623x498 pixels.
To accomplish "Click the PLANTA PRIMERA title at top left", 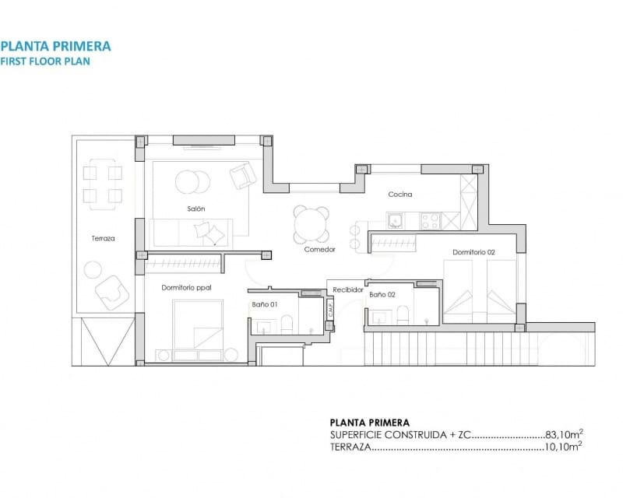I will (x=55, y=46).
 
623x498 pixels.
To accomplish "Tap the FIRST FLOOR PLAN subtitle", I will (x=45, y=61).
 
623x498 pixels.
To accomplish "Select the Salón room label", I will (x=195, y=209).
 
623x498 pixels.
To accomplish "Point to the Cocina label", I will (x=400, y=195).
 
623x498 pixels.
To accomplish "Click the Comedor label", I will (x=319, y=250).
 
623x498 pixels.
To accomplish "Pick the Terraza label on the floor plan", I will (x=102, y=238).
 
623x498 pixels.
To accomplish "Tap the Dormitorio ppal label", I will (x=186, y=287).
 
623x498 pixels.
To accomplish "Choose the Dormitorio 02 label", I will (x=474, y=252).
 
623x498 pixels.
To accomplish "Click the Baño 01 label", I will (x=264, y=304).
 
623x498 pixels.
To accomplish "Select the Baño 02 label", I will (x=382, y=295).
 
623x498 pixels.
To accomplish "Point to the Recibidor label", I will (x=347, y=289).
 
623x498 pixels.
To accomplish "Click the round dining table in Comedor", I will (x=311, y=225).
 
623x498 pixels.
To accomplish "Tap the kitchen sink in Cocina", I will (x=396, y=221).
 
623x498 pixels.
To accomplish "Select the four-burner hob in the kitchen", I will (x=431, y=221).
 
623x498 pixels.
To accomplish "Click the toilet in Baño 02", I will (x=403, y=315).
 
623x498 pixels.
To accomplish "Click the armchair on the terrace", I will (x=111, y=293).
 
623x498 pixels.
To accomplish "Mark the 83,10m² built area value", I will (x=564, y=435).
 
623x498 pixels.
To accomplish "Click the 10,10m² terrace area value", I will (x=564, y=447).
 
